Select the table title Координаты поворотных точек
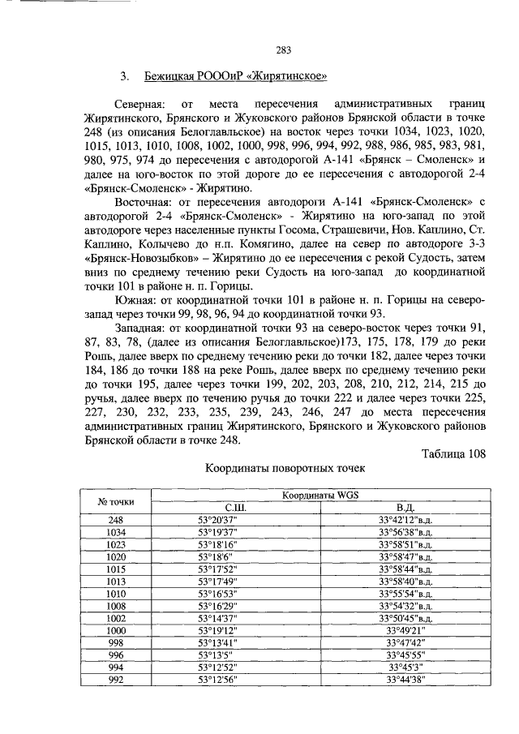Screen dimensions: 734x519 285,468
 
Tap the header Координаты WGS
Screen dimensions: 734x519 319,495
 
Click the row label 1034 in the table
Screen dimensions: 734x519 115,532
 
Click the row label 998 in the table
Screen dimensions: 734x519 115,642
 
